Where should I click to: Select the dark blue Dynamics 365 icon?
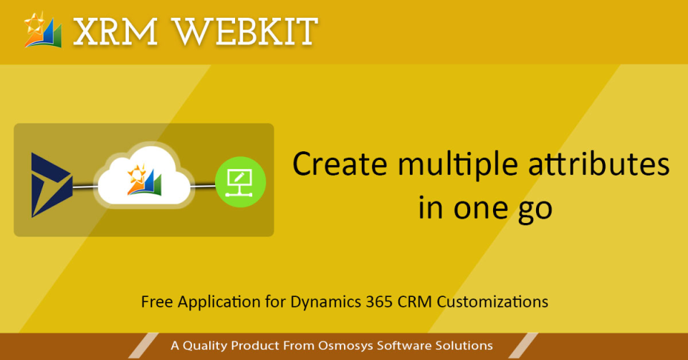[x=51, y=184]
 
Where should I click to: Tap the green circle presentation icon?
[x=241, y=182]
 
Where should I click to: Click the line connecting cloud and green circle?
[x=205, y=185]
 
